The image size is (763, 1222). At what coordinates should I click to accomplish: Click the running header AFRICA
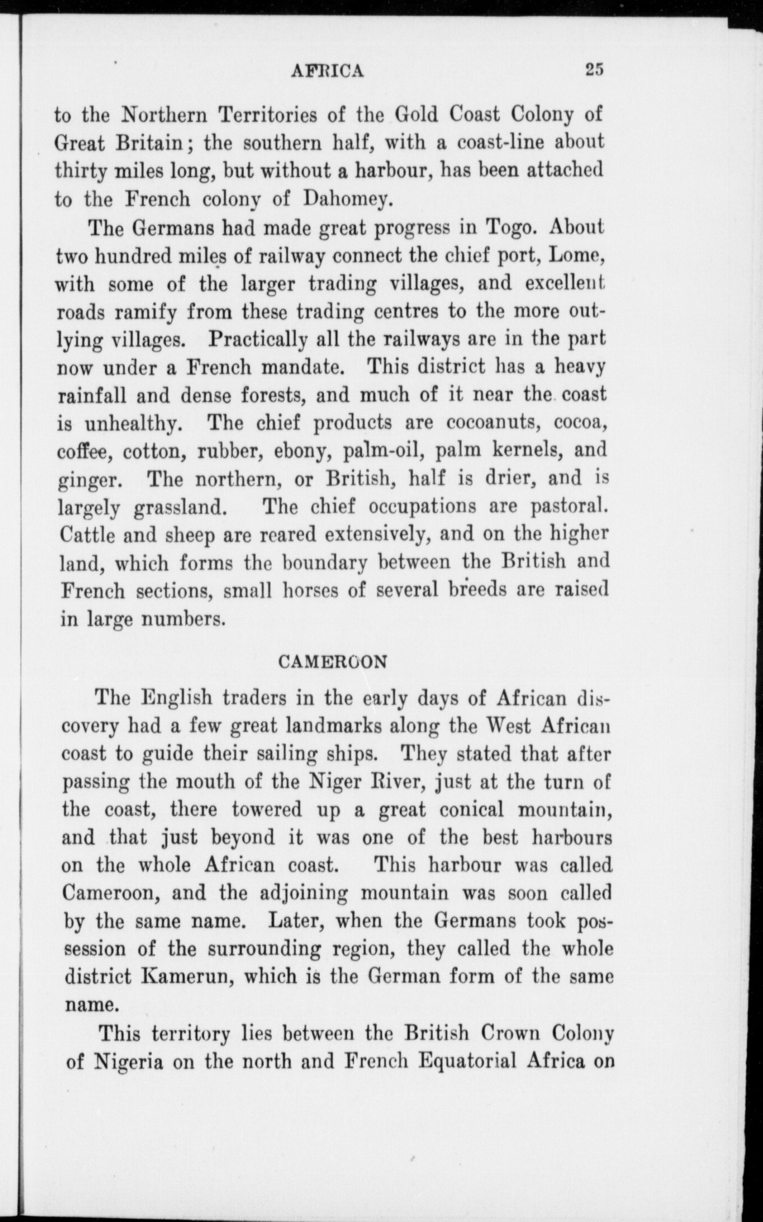click(x=328, y=70)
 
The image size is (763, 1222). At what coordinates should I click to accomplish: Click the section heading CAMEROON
click(x=332, y=662)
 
